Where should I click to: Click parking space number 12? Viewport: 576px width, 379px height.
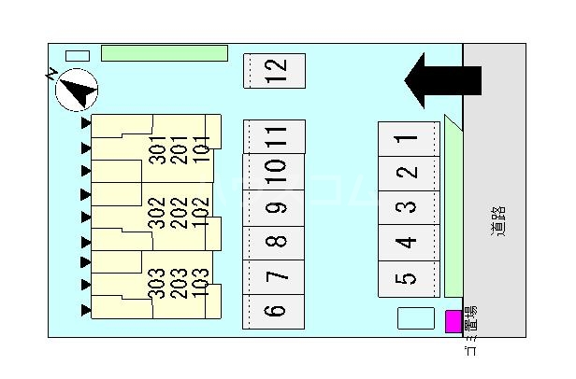point(274,71)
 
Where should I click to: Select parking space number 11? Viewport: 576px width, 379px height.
point(274,136)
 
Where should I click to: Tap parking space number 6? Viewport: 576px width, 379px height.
point(274,311)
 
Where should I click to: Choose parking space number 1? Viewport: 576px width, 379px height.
point(406,139)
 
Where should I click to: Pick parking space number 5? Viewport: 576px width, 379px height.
point(406,277)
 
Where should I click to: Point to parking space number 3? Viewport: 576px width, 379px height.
point(406,207)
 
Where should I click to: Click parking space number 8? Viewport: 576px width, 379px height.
point(274,242)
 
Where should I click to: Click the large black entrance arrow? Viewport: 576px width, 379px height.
point(441,80)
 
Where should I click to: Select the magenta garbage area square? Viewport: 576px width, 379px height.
point(453,321)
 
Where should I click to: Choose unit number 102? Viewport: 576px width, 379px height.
point(199,212)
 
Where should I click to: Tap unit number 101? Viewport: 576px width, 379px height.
point(199,149)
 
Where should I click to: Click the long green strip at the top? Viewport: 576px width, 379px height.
point(164,53)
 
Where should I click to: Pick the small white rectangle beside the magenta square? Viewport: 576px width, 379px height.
point(416,318)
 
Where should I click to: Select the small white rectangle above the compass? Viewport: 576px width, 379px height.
point(78,56)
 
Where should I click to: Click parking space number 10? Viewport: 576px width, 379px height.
point(274,171)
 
